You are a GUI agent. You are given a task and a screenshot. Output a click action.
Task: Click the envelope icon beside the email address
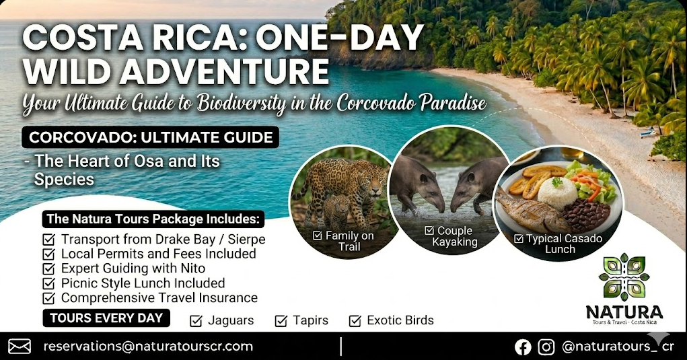coord(20,347)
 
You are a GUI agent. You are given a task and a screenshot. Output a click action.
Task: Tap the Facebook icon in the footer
coord(523,347)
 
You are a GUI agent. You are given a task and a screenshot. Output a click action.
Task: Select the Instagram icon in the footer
coord(546,347)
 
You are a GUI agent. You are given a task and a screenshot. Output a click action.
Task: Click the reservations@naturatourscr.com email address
coord(148,347)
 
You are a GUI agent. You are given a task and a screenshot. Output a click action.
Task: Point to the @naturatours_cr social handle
coord(617,347)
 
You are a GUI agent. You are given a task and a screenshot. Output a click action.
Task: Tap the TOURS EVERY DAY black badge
coord(106,318)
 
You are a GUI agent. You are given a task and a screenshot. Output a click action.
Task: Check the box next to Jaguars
coord(196,321)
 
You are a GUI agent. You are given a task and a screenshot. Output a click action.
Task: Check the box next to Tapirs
coord(281,321)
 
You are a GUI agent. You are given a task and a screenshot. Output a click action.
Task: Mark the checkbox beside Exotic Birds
coord(355,321)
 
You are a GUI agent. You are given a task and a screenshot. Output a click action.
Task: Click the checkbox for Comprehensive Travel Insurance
coord(48,297)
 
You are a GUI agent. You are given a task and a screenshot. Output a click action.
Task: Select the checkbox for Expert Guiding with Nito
coord(48,268)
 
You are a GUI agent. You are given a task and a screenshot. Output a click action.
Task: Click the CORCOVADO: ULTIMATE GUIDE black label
coord(151,139)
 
